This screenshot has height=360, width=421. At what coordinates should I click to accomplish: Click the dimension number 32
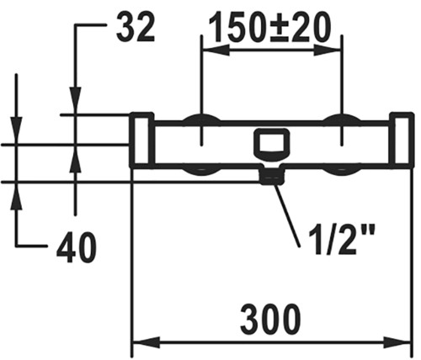pyautogui.click(x=136, y=28)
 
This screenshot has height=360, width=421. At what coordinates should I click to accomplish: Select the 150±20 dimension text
pyautogui.click(x=270, y=28)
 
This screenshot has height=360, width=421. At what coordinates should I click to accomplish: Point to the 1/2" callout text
pyautogui.click(x=341, y=240)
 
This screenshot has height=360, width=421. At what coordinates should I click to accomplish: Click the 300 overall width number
pyautogui.click(x=270, y=320)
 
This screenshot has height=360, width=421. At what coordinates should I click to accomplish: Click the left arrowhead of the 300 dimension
pyautogui.click(x=147, y=342)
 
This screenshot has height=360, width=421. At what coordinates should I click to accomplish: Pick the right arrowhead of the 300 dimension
pyautogui.click(x=397, y=342)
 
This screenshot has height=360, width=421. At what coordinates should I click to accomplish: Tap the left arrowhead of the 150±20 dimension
pyautogui.click(x=216, y=50)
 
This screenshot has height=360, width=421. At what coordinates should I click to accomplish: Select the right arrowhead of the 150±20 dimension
pyautogui.click(x=327, y=50)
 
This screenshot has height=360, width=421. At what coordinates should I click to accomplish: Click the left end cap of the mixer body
pyautogui.click(x=141, y=140)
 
